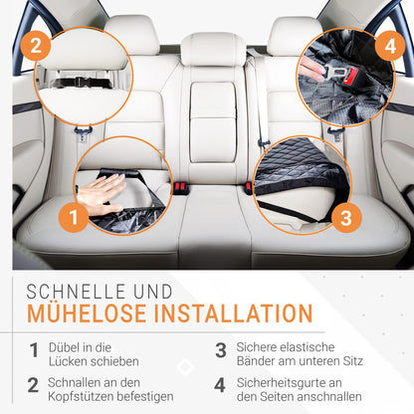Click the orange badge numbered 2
[36, 45]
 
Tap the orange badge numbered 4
[390, 46]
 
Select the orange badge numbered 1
[74, 217]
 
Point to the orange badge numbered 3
[346, 218]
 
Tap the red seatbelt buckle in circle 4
[350, 78]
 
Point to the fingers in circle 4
[311, 71]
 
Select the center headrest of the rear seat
[213, 51]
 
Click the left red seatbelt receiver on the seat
[181, 188]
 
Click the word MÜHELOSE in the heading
[87, 312]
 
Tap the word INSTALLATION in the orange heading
[234, 313]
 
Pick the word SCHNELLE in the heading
[76, 292]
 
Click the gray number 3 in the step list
[221, 350]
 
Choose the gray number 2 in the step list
[33, 385]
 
